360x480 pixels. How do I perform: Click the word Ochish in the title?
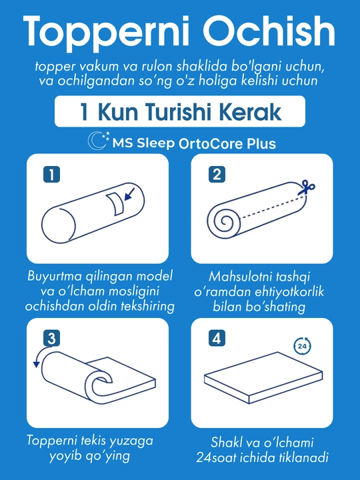[269, 31]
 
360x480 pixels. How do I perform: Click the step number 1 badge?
[51, 175]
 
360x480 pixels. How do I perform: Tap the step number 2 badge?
[217, 175]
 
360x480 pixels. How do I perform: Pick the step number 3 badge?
[51, 338]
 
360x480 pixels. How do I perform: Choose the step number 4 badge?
[217, 338]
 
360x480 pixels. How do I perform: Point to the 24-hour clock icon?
[302, 346]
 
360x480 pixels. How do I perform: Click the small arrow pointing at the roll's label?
[129, 195]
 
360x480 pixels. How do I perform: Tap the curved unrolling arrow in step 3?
[41, 354]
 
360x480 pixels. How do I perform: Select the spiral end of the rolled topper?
[224, 221]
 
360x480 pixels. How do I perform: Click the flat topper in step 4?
[263, 377]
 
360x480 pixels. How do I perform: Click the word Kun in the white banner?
[117, 112]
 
